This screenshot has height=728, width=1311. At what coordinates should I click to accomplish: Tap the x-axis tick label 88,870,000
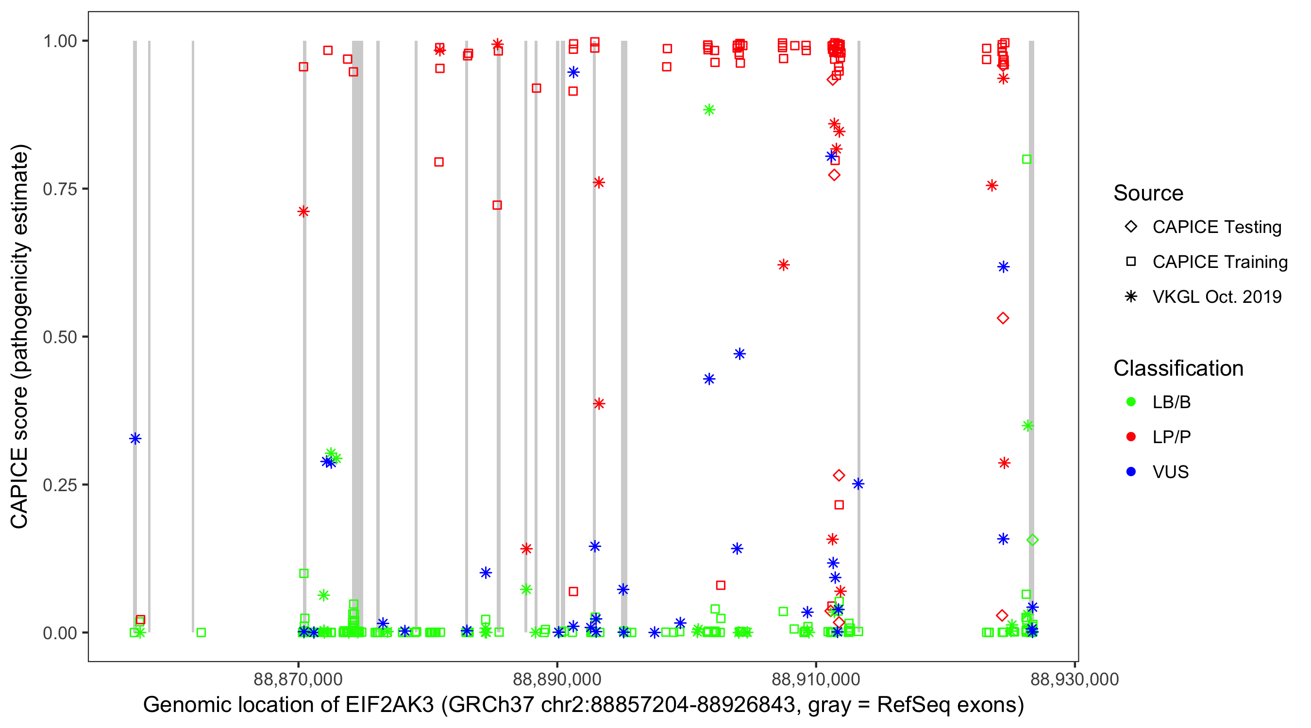[298, 679]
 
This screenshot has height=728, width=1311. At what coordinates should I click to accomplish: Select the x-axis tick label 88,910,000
[816, 679]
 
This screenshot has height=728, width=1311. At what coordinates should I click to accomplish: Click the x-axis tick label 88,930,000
[1075, 679]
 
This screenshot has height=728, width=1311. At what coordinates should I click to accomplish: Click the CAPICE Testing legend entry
[1216, 227]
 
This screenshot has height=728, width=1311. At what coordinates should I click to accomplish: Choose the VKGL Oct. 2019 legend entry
[1216, 297]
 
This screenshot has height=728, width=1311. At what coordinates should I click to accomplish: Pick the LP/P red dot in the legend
[1131, 437]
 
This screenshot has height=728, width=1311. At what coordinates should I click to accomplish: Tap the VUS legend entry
[1170, 472]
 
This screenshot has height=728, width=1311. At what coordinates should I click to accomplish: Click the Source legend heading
[1148, 193]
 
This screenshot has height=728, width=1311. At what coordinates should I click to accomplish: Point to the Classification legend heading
[1178, 368]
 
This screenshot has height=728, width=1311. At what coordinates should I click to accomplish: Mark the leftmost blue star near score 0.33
[135, 439]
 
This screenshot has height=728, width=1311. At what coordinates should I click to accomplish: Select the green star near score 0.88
[709, 110]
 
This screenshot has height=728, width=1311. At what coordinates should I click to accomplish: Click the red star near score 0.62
[783, 265]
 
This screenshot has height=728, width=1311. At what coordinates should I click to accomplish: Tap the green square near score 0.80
[1026, 159]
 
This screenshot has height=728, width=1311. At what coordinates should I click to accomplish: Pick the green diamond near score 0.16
[1032, 540]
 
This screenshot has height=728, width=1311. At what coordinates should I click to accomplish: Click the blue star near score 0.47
[740, 354]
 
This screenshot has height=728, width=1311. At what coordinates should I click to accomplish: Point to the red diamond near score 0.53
[1003, 318]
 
